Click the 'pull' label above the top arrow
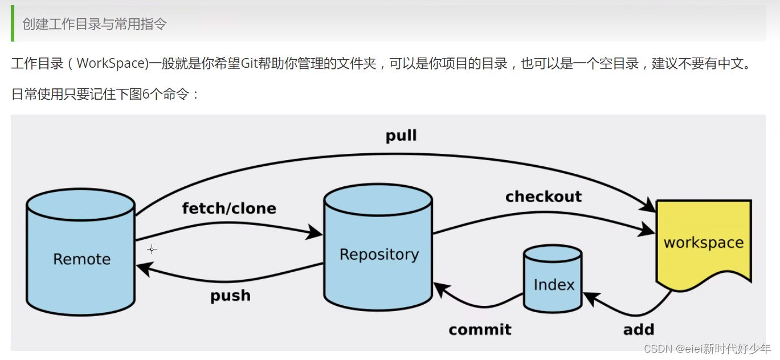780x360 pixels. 401,136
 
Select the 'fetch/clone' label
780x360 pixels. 229,208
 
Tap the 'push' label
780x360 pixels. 230,296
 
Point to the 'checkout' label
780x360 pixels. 544,197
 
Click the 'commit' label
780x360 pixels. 480,329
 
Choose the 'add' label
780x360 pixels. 639,329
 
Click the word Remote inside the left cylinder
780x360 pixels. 82,259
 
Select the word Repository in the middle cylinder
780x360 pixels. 379,255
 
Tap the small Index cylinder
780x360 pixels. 553,279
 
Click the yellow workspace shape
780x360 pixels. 704,244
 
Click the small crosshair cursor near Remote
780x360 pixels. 152,249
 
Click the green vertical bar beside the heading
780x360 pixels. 13,23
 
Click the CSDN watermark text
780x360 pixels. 707,349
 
